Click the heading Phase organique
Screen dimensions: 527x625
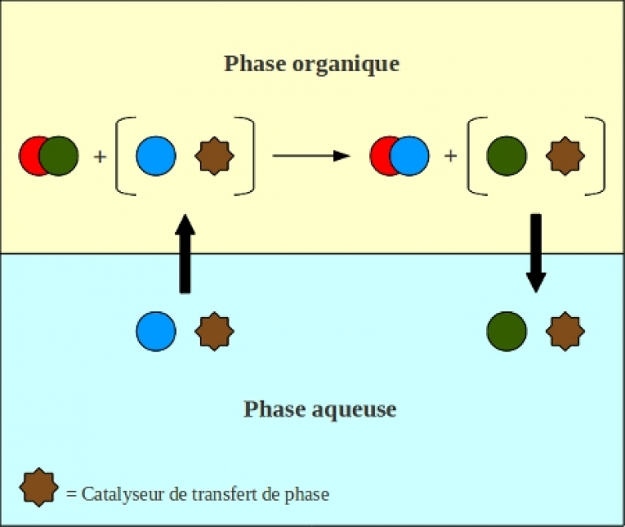[312, 64]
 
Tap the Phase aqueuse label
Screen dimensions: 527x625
[320, 408]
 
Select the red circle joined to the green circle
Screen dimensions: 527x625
[30, 156]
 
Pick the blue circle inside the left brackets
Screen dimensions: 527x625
[156, 156]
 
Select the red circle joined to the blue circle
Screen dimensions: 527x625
[379, 156]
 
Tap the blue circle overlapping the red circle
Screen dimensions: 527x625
[410, 156]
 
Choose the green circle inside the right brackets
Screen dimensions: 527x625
[507, 156]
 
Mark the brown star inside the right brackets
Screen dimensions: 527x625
[566, 156]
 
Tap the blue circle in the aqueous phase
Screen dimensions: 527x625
[156, 331]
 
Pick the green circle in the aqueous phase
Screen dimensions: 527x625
[507, 331]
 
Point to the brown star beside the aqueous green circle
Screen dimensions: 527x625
[566, 331]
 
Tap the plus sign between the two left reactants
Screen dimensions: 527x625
[100, 156]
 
